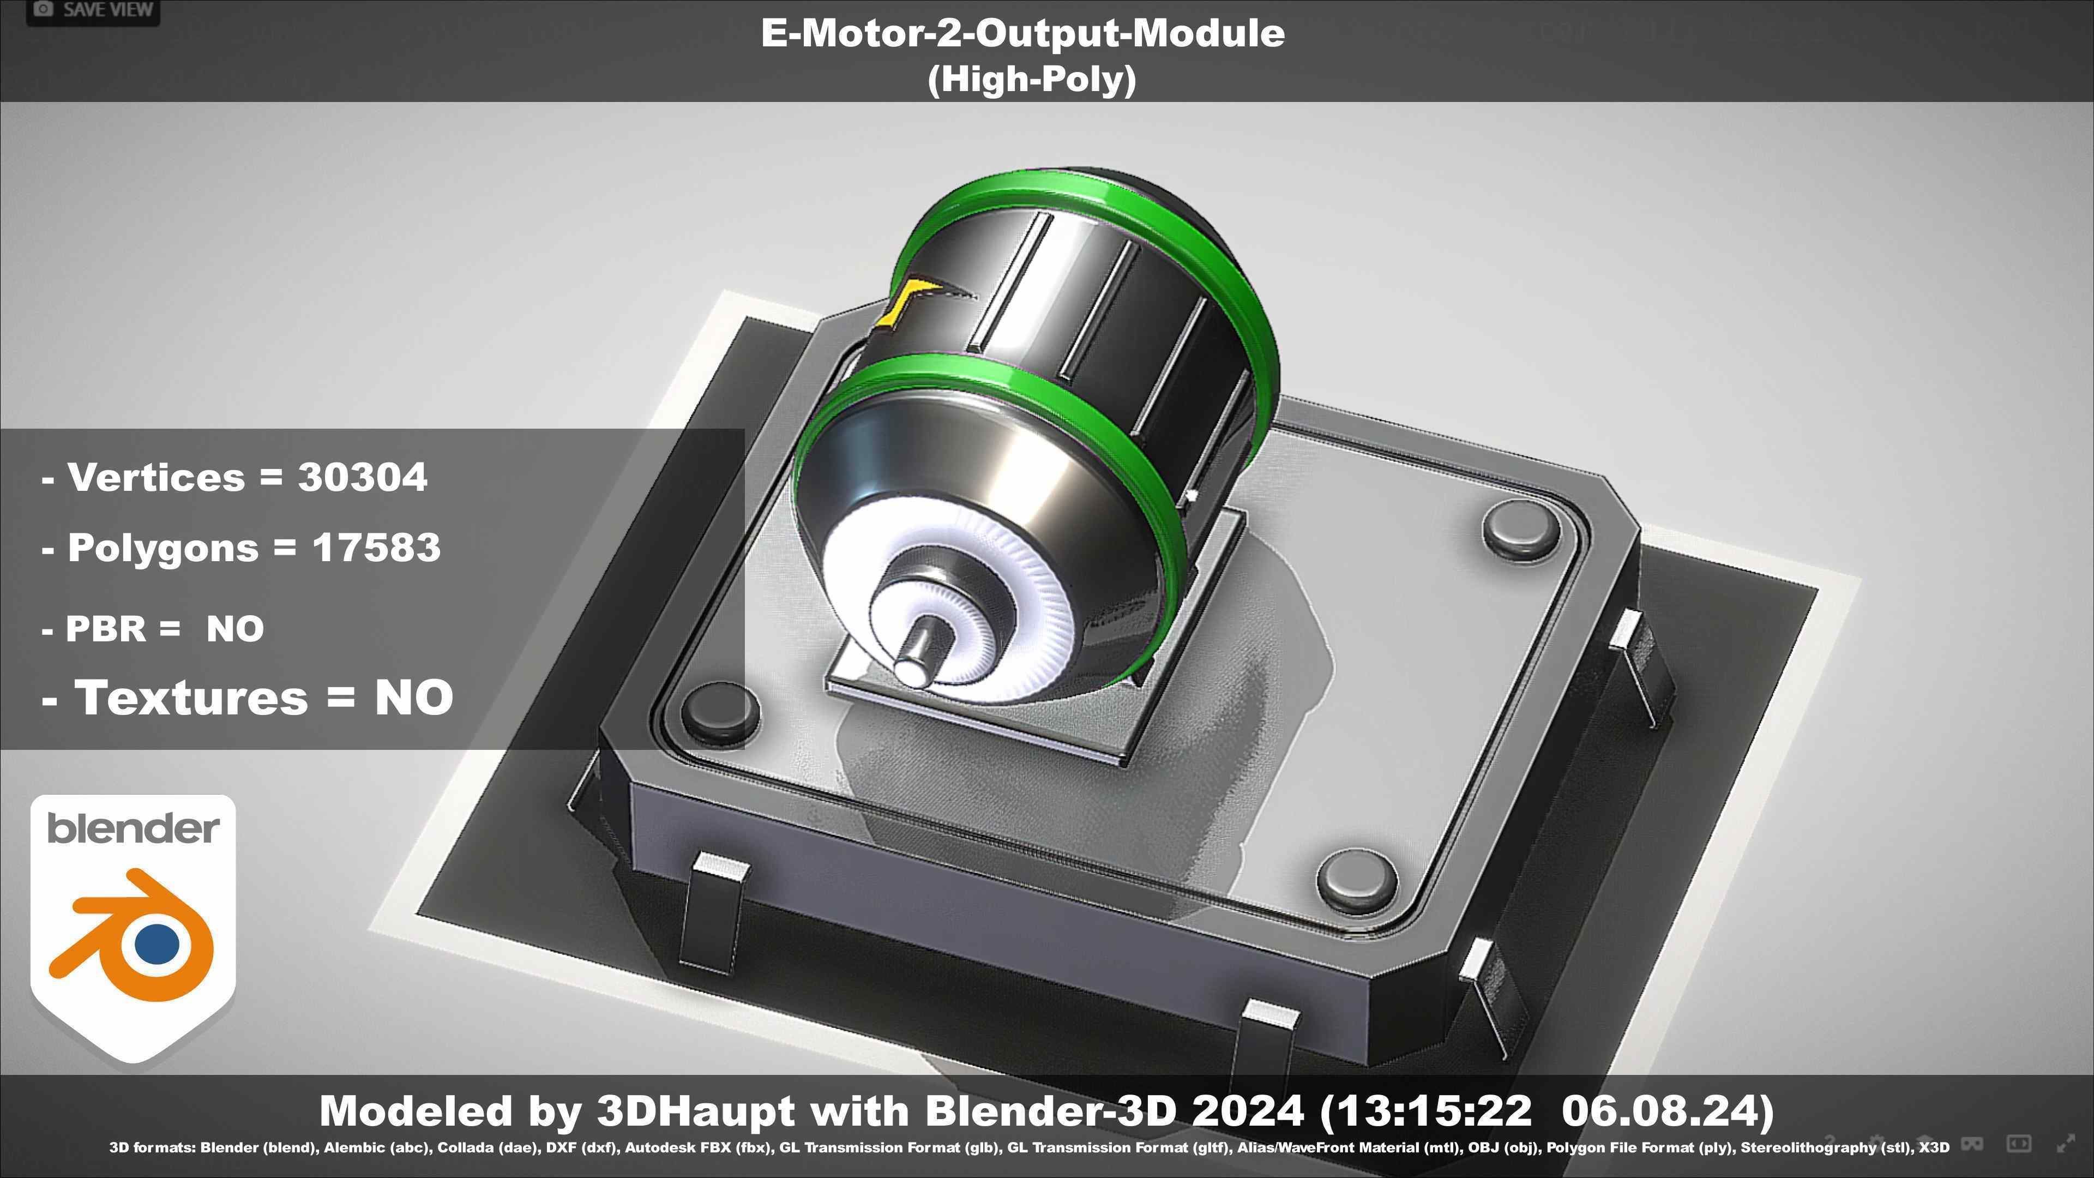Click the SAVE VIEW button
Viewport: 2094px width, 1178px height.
point(92,10)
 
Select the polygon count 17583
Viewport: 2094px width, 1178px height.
point(376,548)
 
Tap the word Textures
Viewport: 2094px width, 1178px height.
point(191,698)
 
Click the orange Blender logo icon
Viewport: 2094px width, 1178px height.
point(134,935)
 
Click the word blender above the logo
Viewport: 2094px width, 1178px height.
point(133,828)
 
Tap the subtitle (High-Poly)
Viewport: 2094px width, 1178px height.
point(1032,80)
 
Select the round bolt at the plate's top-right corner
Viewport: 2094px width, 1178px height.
point(1521,527)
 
